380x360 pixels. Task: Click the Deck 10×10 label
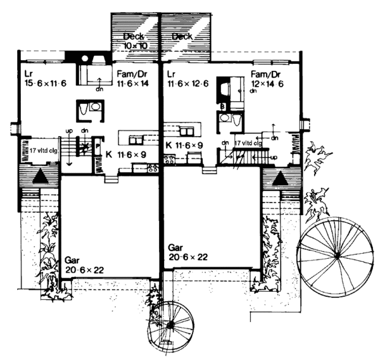click(135, 41)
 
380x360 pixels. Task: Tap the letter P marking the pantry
click(98, 146)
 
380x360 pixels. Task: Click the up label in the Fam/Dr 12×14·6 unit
click(274, 156)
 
